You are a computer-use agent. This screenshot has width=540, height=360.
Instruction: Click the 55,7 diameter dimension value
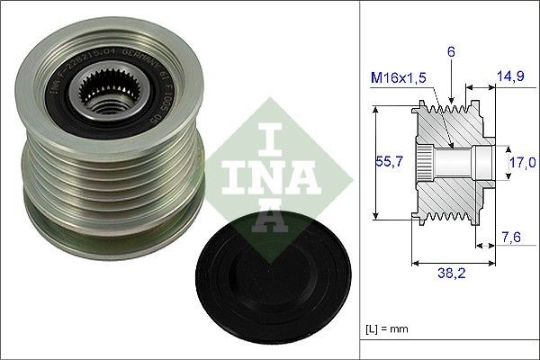coord(386,163)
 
